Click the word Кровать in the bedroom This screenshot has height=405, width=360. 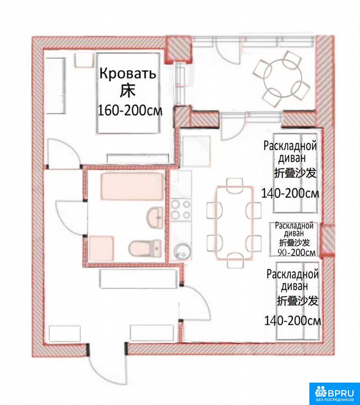[128, 73]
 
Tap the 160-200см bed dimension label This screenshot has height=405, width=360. [130, 111]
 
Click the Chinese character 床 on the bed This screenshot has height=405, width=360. [127, 92]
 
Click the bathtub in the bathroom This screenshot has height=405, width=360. [132, 186]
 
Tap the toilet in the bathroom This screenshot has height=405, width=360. [145, 248]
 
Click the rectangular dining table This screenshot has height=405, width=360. [235, 222]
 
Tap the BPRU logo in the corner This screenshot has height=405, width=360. [334, 393]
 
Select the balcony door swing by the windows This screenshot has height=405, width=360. [228, 54]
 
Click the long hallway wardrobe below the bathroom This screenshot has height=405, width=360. [138, 279]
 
